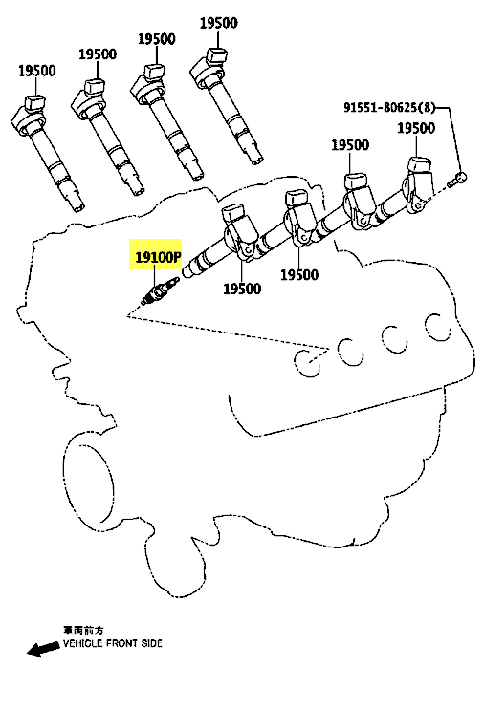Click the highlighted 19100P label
[158, 257]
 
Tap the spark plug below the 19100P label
[160, 291]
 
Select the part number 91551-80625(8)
[389, 107]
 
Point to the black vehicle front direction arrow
[43, 649]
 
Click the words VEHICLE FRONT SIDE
[113, 643]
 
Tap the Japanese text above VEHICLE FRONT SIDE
[83, 630]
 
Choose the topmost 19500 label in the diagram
[219, 23]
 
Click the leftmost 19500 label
[37, 71]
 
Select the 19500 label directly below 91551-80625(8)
[416, 128]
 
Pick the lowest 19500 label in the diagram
[242, 289]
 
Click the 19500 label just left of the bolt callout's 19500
[350, 145]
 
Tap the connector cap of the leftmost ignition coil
[35, 102]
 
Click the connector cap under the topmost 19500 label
[216, 55]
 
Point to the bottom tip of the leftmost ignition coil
[78, 208]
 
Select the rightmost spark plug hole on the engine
[437, 327]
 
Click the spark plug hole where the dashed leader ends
[308, 362]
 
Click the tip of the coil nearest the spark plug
[188, 271]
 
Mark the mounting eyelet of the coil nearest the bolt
[420, 205]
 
